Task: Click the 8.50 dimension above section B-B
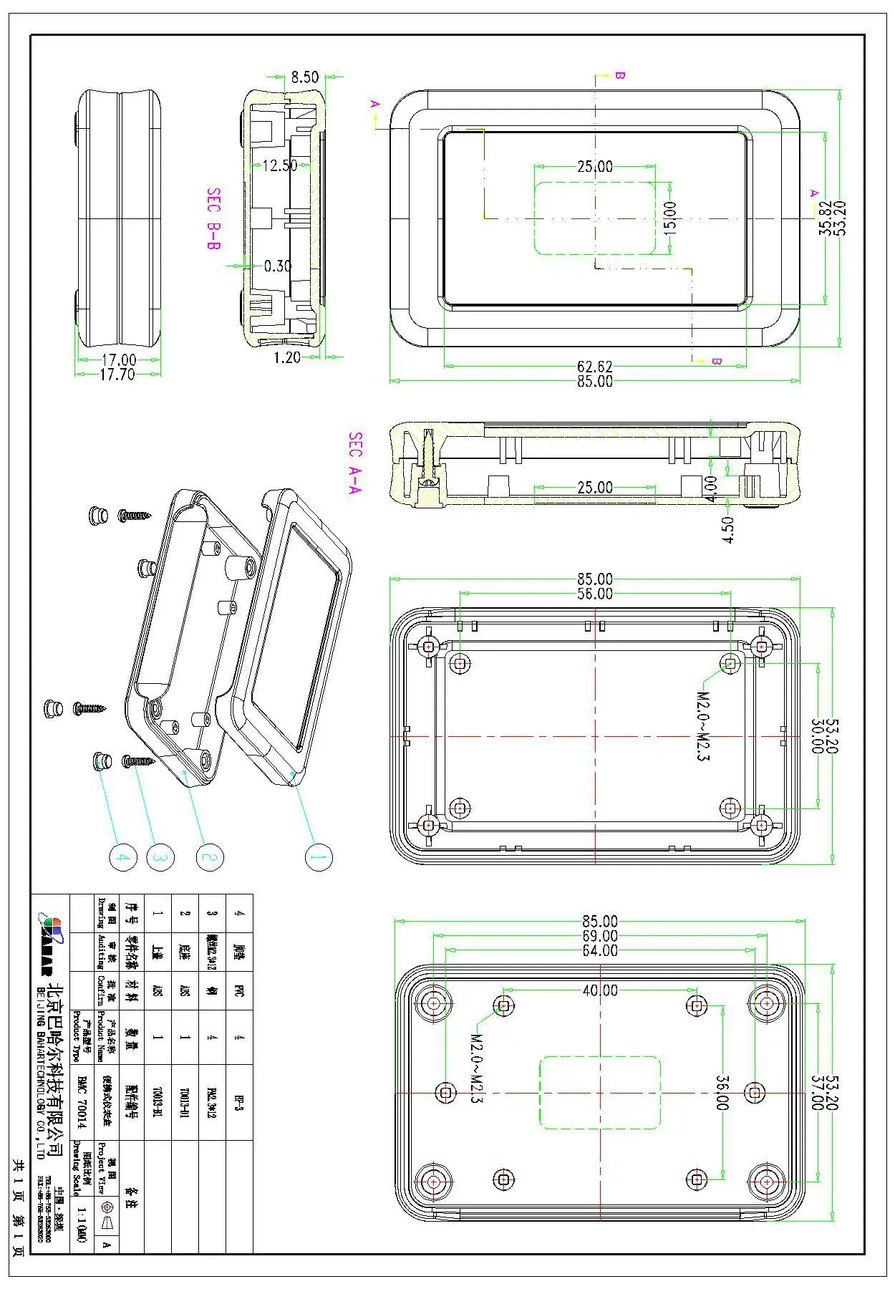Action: (305, 77)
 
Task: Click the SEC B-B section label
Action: (213, 218)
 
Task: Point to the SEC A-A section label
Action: (355, 463)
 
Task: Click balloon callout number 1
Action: (319, 857)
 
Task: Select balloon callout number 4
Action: (122, 857)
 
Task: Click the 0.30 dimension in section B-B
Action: (278, 266)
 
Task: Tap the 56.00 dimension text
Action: (594, 594)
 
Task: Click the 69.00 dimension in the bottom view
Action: (599, 936)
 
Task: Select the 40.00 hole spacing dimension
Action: (599, 990)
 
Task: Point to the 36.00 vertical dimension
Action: (722, 1093)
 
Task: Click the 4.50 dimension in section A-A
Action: (728, 530)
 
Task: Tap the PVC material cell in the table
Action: (239, 992)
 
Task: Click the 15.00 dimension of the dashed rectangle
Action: (669, 218)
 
